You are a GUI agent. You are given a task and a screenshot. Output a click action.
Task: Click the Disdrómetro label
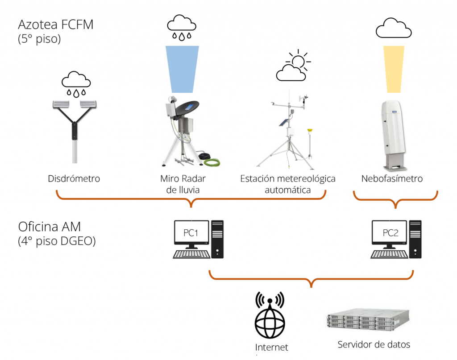tap(74, 179)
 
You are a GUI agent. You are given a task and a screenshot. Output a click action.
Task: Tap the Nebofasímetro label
tap(392, 179)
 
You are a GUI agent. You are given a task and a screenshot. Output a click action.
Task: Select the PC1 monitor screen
tap(191, 233)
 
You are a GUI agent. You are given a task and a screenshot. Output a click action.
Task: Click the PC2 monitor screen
tap(388, 233)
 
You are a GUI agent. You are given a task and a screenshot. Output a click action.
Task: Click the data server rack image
tap(362, 323)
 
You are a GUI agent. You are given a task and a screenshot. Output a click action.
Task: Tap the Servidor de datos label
tap(374, 344)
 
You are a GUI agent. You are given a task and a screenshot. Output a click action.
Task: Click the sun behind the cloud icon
tap(298, 61)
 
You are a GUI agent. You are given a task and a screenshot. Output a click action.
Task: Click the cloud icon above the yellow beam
tap(393, 29)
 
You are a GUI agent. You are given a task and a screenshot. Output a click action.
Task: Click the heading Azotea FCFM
tap(56, 24)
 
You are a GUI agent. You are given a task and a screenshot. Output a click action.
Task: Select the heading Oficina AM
tap(50, 226)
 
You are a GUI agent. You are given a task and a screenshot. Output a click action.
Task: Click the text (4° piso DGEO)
tap(57, 241)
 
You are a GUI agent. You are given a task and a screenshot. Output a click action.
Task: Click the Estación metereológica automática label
tap(288, 184)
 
